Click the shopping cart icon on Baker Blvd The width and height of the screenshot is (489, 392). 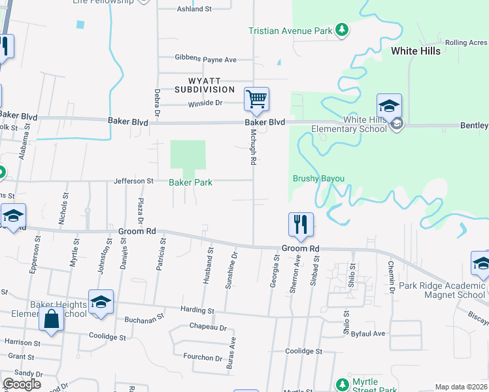(x=256, y=100)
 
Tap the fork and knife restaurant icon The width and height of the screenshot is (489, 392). (x=301, y=224)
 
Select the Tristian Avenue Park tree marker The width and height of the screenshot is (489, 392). (x=341, y=29)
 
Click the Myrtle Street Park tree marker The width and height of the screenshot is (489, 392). (x=341, y=384)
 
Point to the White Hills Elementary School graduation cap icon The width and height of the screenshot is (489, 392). (x=389, y=106)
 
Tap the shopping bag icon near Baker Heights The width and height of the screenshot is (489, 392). (x=51, y=319)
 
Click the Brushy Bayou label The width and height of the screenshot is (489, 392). (x=318, y=178)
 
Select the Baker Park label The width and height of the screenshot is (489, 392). (x=190, y=183)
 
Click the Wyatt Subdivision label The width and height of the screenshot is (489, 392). (x=204, y=84)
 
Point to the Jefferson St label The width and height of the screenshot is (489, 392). (x=133, y=181)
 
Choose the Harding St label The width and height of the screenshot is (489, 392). (x=198, y=310)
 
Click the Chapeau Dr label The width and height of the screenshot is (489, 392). (x=208, y=327)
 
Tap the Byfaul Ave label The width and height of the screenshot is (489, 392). (x=368, y=333)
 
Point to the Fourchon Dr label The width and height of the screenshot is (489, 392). (x=203, y=357)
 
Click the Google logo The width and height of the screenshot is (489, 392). (x=22, y=384)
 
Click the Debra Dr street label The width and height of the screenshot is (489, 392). (x=157, y=103)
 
